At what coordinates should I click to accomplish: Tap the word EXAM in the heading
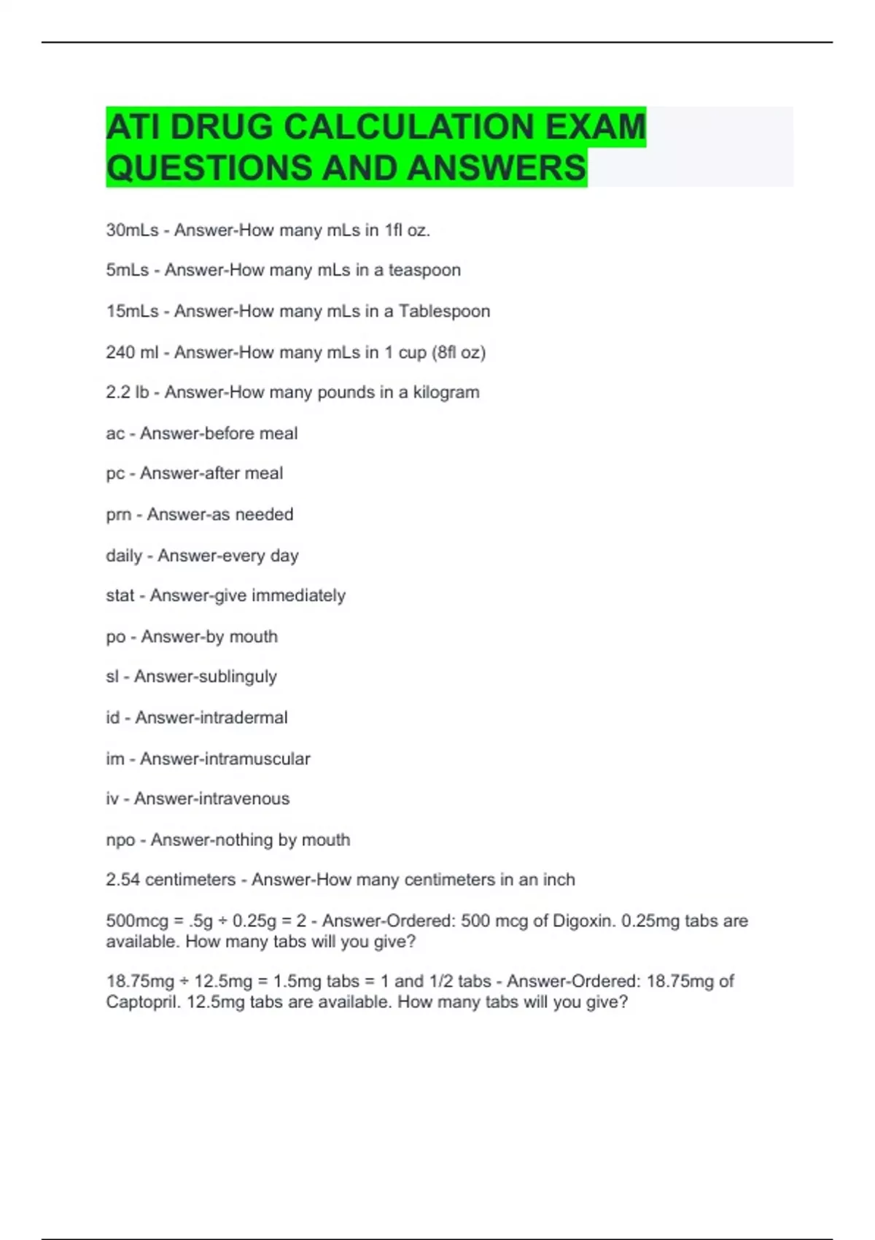coord(596,127)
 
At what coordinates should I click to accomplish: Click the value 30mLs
coord(132,230)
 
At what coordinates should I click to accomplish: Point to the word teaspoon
coord(424,271)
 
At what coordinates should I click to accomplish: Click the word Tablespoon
coord(444,311)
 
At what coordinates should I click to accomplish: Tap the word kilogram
coord(446,392)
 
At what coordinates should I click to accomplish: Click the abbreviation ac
coord(115,434)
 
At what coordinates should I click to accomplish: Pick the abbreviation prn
coord(119,515)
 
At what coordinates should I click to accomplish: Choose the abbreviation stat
coord(120,596)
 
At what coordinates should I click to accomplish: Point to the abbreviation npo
coord(121,840)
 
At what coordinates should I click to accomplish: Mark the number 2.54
coord(122,880)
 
